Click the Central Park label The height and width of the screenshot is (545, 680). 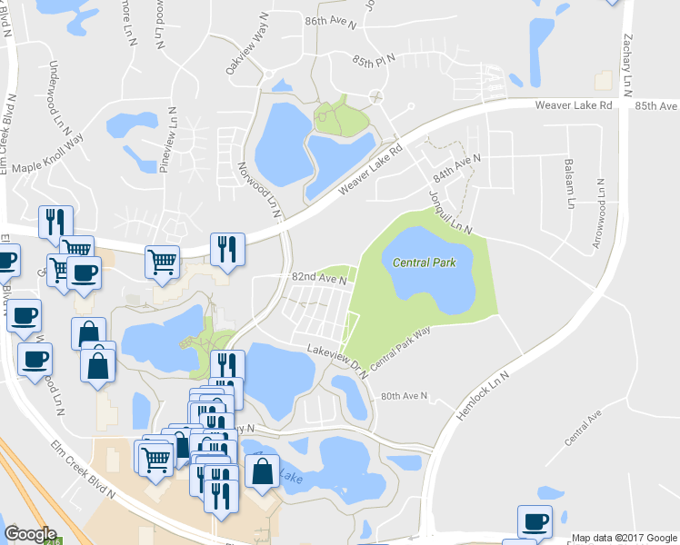(x=422, y=263)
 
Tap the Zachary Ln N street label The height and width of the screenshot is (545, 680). (x=627, y=64)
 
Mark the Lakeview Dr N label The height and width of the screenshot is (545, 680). (x=337, y=357)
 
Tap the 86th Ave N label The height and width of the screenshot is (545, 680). (x=329, y=20)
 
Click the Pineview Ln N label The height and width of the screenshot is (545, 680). (x=166, y=138)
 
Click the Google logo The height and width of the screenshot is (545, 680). (x=30, y=534)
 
